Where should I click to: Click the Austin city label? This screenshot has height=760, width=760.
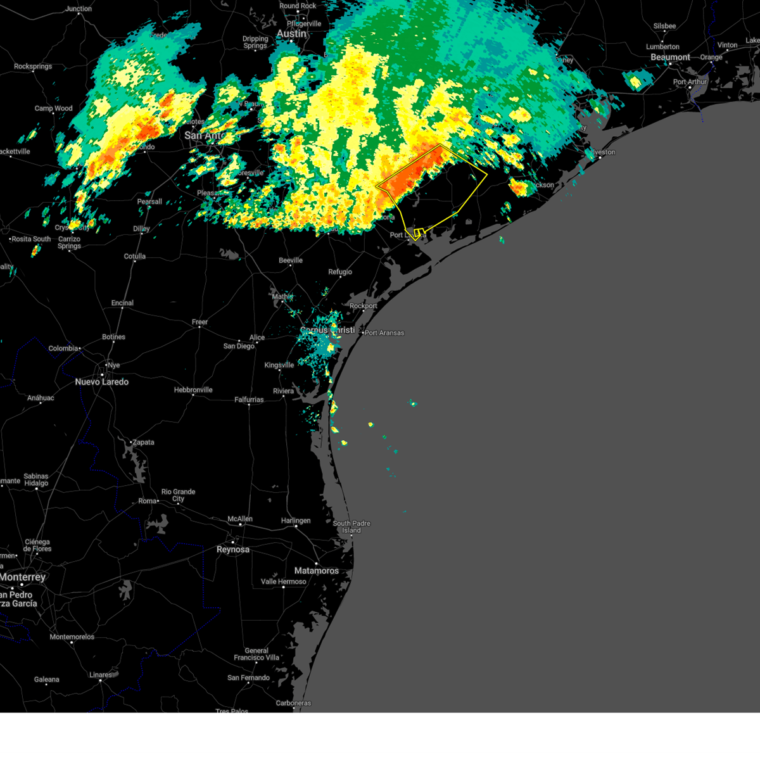coord(291,34)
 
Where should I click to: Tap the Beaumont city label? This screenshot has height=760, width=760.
coord(670,57)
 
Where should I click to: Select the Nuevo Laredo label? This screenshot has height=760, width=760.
coord(101,382)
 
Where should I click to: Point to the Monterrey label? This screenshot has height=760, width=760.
coord(23,577)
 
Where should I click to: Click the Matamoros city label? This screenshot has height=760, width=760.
coord(316,571)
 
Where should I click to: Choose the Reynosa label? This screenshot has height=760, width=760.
coord(232,549)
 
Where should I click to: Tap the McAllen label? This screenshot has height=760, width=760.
coord(240,519)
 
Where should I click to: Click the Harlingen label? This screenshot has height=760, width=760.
coord(296,521)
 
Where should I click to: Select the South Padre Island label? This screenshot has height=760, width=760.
coord(351,527)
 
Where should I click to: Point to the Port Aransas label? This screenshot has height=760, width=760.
coord(384,332)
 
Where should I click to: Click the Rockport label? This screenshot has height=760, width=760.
coord(364,306)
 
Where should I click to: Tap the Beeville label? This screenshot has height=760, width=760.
coord(291,260)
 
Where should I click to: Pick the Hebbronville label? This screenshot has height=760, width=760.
coord(193,390)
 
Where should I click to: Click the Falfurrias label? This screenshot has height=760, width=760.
coord(249,400)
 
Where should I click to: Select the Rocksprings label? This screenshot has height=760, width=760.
coord(33,66)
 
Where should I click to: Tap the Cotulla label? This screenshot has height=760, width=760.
coord(135,256)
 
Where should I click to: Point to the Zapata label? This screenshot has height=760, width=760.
coord(143,442)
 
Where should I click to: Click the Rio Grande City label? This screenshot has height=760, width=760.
coord(178,495)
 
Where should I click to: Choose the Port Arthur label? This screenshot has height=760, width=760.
coord(690,82)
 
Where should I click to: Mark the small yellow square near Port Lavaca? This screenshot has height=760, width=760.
coord(419,232)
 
